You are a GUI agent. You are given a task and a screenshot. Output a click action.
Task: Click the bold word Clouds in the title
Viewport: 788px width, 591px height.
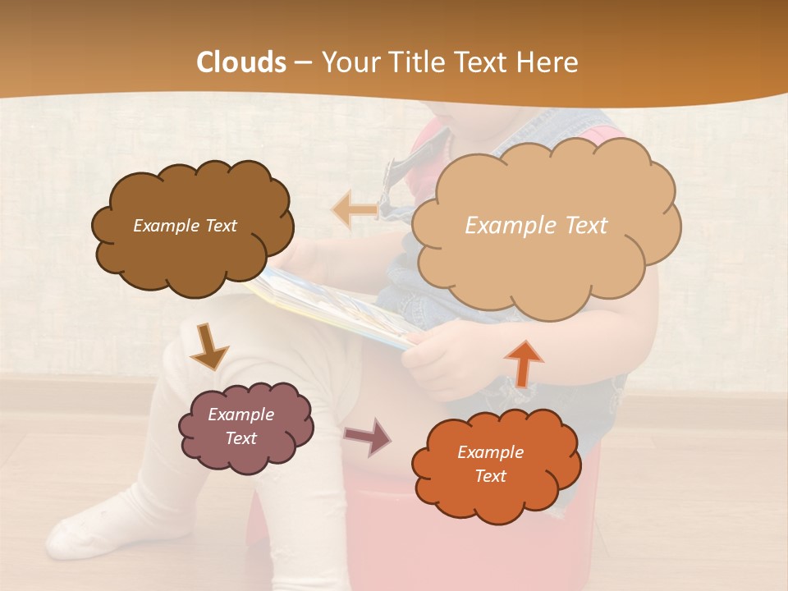point(241,62)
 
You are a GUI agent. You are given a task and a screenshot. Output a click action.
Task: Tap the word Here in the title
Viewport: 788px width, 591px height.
point(550,62)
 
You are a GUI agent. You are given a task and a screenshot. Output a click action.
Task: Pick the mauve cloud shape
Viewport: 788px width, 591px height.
point(247,428)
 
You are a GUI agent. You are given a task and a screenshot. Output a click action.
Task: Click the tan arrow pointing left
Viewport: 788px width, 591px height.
point(355,209)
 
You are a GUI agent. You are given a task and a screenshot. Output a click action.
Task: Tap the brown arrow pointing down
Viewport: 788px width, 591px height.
point(208,346)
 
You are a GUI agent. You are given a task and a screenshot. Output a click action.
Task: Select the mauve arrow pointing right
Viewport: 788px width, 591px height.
point(368,436)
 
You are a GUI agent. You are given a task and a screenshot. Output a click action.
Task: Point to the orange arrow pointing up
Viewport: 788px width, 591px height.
point(523,363)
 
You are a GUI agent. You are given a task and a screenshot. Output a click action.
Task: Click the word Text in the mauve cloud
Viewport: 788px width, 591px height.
point(241,438)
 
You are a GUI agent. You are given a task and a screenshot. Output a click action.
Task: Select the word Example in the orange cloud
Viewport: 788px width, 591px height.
point(490,452)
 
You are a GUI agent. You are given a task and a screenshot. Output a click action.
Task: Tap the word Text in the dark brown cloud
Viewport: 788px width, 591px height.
point(219,226)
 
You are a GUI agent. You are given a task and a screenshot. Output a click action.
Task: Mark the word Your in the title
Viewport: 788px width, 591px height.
point(348,62)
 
